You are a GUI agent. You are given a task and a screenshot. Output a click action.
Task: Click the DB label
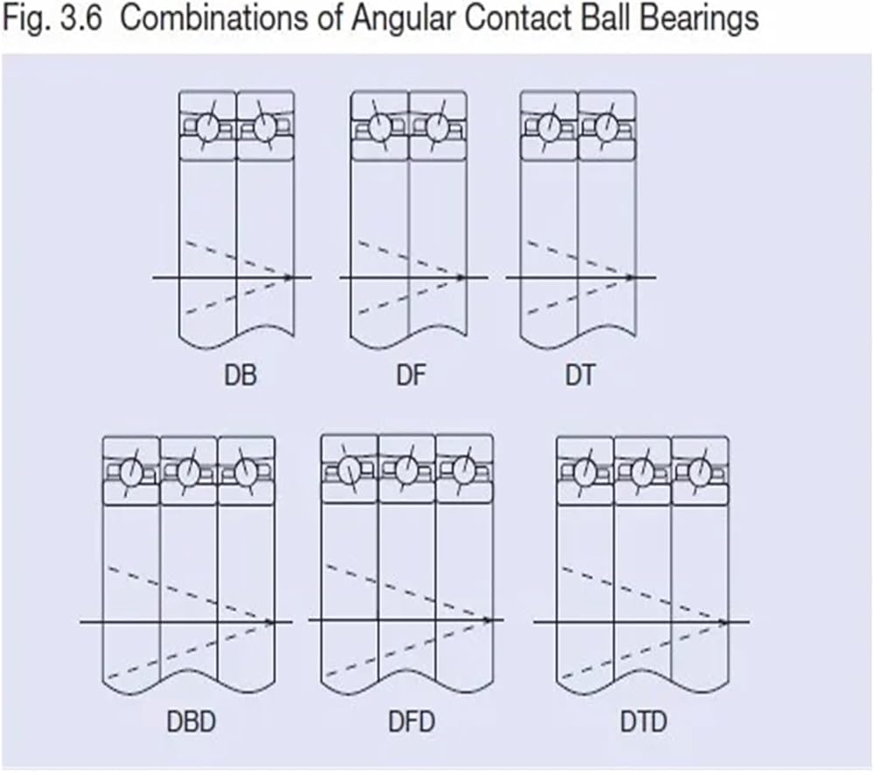(240, 375)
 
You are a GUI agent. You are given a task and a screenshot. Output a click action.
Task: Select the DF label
(411, 375)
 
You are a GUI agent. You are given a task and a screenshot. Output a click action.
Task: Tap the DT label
(580, 375)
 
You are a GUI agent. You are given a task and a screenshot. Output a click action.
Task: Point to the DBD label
(191, 722)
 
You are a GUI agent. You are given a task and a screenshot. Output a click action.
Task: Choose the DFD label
(412, 722)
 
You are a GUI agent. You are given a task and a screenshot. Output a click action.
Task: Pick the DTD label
(644, 722)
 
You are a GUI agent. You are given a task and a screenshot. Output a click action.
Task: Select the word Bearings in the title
(698, 19)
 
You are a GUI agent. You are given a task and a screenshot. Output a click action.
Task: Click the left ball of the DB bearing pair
(209, 128)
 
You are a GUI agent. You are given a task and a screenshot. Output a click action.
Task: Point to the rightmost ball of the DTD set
(700, 472)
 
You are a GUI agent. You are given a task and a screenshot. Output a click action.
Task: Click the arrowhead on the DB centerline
(288, 278)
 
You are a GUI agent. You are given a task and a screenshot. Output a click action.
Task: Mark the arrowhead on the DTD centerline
(724, 622)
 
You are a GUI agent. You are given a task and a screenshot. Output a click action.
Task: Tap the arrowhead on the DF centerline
(460, 278)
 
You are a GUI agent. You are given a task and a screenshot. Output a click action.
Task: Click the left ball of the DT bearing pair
(549, 128)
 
